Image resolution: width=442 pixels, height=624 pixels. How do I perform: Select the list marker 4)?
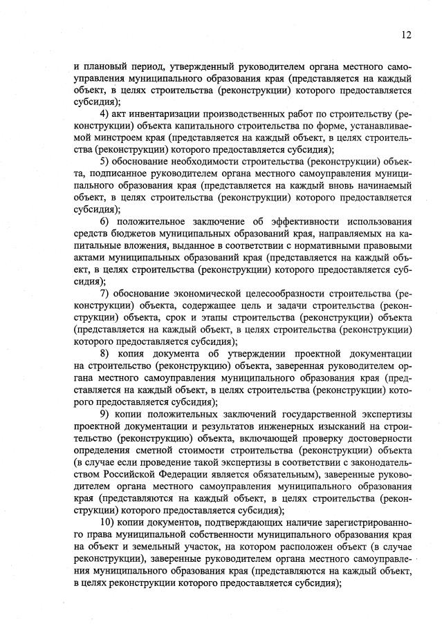click(x=105, y=113)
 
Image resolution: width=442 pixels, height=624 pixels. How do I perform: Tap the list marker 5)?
click(x=105, y=161)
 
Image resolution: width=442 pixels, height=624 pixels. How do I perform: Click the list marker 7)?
click(x=105, y=293)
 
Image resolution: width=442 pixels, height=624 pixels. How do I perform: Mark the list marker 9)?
click(x=105, y=413)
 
